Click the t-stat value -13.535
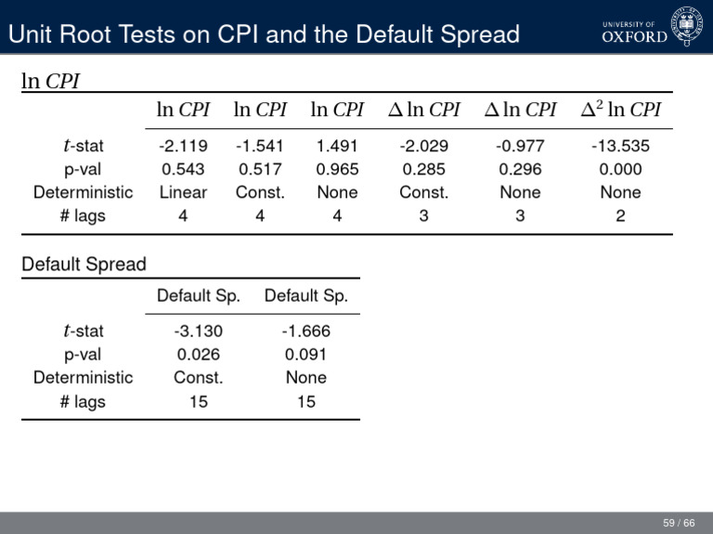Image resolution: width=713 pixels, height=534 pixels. pyautogui.click(x=619, y=146)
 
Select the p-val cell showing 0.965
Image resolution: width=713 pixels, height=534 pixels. pyautogui.click(x=337, y=169)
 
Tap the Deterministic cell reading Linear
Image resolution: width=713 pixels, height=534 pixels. pyautogui.click(x=183, y=192)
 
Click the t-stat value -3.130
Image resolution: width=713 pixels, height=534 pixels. pyautogui.click(x=198, y=331)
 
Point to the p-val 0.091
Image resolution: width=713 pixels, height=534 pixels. pyautogui.click(x=305, y=354)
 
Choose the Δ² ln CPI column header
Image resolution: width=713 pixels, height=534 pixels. pyautogui.click(x=620, y=110)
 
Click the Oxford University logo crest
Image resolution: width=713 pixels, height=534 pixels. pyautogui.click(x=687, y=25)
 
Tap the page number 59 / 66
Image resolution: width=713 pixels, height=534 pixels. pyautogui.click(x=679, y=524)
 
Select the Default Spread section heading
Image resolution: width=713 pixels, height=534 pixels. pyautogui.click(x=84, y=264)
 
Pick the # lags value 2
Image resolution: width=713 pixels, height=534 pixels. pyautogui.click(x=619, y=215)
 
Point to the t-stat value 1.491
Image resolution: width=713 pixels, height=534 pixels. pyautogui.click(x=337, y=146)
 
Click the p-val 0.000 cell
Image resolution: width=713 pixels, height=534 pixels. pyautogui.click(x=619, y=169)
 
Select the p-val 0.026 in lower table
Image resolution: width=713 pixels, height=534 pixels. pyautogui.click(x=198, y=354)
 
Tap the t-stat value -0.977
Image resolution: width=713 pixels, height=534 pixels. pyautogui.click(x=520, y=146)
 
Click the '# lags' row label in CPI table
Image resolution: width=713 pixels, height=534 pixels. pyautogui.click(x=83, y=215)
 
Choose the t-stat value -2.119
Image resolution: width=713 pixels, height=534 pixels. pyautogui.click(x=183, y=146)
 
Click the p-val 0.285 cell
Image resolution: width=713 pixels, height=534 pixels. pyautogui.click(x=423, y=169)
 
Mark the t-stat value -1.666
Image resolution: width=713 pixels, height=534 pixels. pyautogui.click(x=305, y=331)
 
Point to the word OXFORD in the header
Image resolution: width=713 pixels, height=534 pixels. pyautogui.click(x=634, y=37)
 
